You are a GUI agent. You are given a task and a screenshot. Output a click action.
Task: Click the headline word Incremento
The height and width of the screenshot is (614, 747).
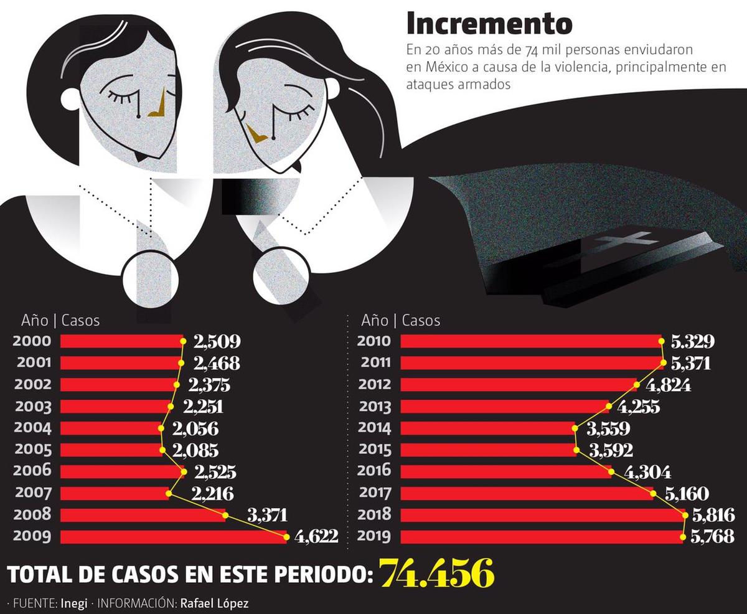489,24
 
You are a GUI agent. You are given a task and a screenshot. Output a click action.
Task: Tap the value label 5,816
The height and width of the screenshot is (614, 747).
713,514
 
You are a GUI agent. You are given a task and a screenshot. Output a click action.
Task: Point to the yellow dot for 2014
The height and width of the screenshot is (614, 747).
573,428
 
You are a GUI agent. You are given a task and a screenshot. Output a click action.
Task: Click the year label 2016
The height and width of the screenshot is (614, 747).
375,471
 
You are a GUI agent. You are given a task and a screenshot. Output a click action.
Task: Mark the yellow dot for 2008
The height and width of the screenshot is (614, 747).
225,514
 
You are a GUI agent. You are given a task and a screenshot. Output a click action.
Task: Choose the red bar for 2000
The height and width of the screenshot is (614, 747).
121,341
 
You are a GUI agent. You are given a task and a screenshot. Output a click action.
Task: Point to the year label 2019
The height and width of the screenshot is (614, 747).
375,536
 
